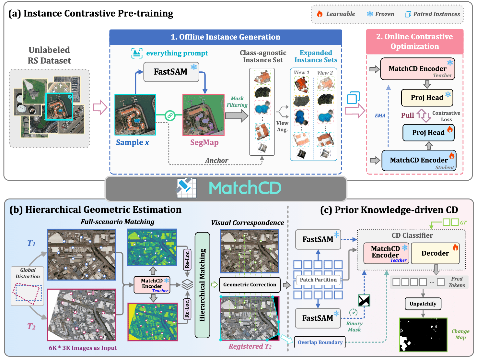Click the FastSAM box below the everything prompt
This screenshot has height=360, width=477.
tap(171, 72)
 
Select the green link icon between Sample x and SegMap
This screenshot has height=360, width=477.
tap(170, 115)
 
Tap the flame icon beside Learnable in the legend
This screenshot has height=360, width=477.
tap(320, 14)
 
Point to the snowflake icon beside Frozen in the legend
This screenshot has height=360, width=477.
tap(370, 14)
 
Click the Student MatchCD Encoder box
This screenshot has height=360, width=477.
tap(419, 160)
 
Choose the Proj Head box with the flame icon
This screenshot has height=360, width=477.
tap(428, 133)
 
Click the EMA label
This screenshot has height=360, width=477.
tap(380, 116)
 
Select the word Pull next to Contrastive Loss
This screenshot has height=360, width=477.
tap(407, 115)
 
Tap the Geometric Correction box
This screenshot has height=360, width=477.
tap(250, 285)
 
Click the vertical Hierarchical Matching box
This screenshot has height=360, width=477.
tap(203, 285)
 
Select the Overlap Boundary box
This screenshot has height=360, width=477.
tap(320, 342)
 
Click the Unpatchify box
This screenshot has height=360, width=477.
tap(423, 304)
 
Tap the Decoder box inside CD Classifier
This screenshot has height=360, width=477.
tap(435, 253)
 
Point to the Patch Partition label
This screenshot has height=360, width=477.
tap(318, 280)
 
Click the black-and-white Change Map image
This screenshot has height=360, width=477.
tap(423, 335)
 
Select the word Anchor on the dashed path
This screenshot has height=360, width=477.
tap(216, 161)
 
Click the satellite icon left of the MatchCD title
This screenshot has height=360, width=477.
tap(186, 188)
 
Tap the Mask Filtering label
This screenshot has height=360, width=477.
tap(237, 102)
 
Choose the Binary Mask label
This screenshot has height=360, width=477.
tap(354, 326)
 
